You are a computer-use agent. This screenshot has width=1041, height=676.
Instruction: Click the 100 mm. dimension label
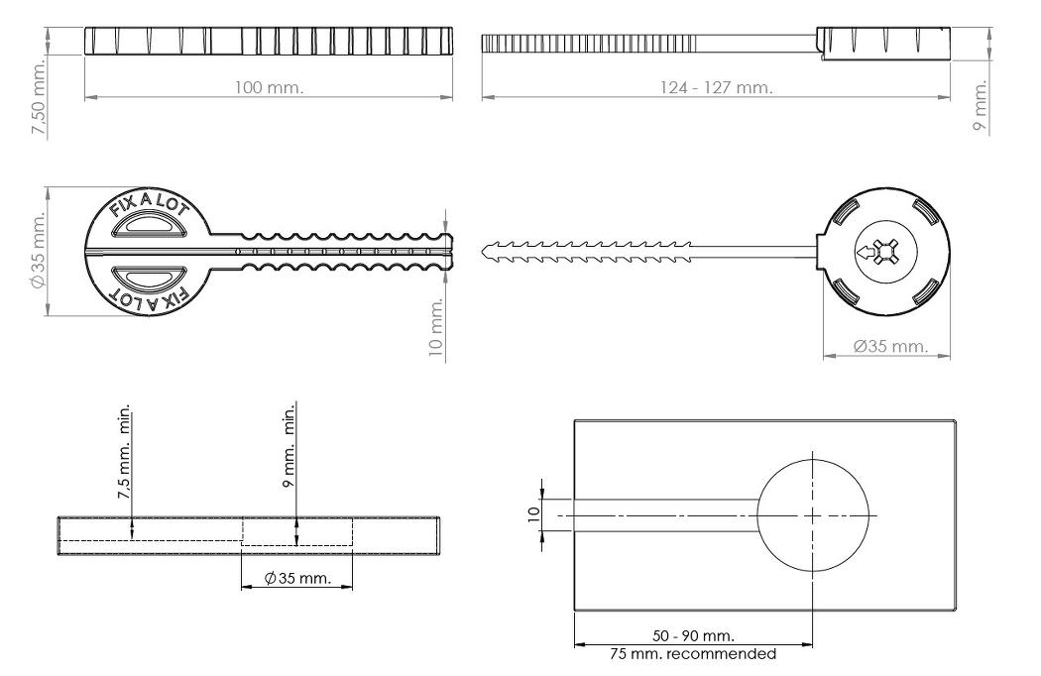click(269, 87)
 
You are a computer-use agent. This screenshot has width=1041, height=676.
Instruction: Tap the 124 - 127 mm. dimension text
click(717, 87)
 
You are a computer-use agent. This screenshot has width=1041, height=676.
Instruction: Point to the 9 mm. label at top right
click(980, 105)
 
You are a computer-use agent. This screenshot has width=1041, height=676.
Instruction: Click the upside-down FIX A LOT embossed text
click(150, 297)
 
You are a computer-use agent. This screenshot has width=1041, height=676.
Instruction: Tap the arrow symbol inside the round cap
click(866, 253)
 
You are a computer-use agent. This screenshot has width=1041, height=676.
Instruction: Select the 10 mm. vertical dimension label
click(436, 327)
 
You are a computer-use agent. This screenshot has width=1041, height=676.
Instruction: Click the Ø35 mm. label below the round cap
click(890, 346)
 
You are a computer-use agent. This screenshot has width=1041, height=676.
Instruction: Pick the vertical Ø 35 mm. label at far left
click(38, 251)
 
